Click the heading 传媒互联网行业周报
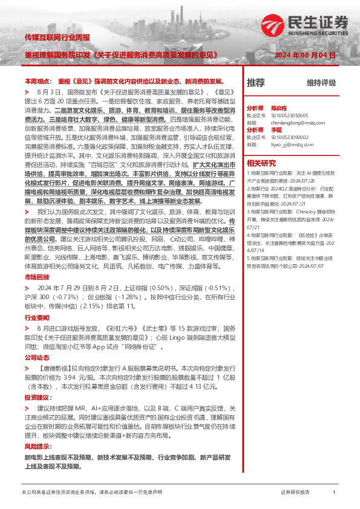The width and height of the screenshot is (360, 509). (57, 37)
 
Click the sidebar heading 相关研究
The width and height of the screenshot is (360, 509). (261, 163)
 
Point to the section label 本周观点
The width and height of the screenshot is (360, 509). (36, 81)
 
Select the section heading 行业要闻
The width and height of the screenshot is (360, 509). (36, 317)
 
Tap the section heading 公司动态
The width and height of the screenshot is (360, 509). (36, 358)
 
